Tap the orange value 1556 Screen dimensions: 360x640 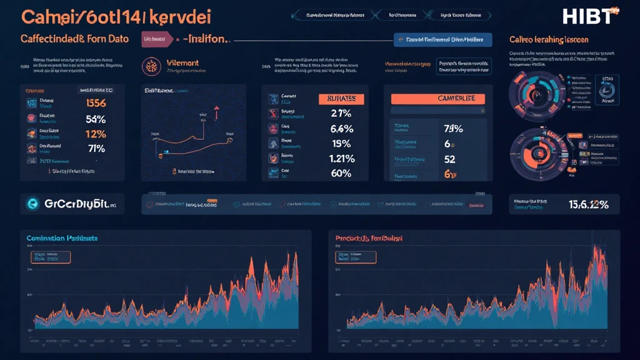[95, 104]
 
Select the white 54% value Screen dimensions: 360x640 [95, 119]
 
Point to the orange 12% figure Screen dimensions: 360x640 [95, 134]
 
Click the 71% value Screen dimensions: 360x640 [95, 149]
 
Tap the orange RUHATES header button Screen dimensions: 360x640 [341, 99]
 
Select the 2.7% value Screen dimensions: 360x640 [341, 114]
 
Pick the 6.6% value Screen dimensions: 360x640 [341, 129]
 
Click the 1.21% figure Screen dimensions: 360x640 [341, 159]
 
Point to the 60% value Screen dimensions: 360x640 [341, 174]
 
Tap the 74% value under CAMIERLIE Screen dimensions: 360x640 [452, 129]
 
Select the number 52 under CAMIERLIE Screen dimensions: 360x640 [450, 159]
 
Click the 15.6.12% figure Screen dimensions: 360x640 [588, 204]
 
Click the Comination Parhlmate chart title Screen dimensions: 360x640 [62, 239]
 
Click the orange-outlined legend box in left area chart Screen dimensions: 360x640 [50, 256]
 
